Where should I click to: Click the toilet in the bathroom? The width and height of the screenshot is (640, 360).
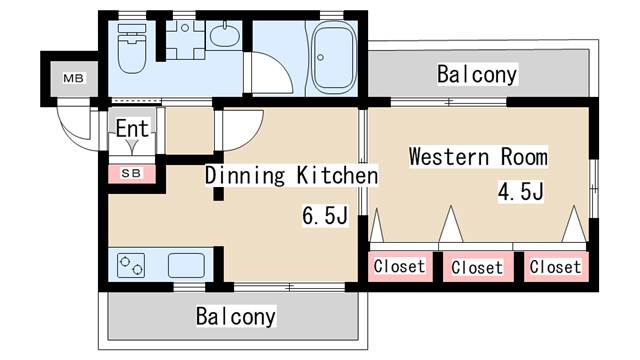(x=131, y=49)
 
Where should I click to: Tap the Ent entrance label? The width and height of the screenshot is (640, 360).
(x=131, y=128)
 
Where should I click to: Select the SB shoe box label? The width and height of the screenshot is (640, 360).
(x=131, y=172)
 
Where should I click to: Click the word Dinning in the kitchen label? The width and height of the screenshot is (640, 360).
(x=246, y=176)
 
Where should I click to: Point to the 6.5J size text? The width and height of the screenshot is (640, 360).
(x=325, y=216)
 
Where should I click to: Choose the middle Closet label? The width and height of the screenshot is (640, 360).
(x=476, y=267)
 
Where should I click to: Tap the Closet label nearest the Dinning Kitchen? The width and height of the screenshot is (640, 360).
(x=399, y=266)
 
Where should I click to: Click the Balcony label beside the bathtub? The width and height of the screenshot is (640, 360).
(x=477, y=74)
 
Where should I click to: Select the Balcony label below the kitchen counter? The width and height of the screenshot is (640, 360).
(x=235, y=316)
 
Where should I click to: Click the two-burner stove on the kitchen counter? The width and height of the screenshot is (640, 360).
(x=131, y=266)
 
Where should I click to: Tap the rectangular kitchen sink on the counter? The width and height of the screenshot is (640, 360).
(x=185, y=266)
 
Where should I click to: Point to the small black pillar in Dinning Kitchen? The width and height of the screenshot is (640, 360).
(x=217, y=192)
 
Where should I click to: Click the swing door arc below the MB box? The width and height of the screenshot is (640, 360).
(x=74, y=125)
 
